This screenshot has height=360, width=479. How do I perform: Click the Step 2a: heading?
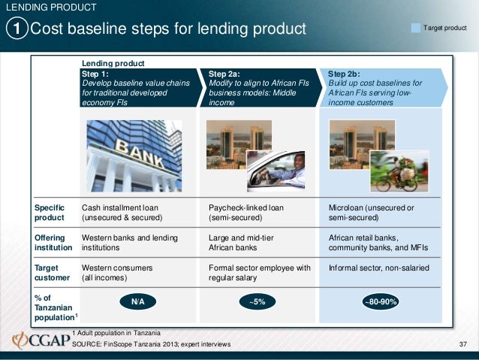[224, 74]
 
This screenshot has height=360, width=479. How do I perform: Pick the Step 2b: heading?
[345, 74]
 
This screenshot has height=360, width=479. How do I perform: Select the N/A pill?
[137, 301]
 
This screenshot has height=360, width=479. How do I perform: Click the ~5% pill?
[258, 301]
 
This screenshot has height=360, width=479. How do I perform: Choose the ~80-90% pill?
[381, 301]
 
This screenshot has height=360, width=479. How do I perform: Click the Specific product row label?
[50, 213]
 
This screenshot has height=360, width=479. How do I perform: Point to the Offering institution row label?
[53, 242]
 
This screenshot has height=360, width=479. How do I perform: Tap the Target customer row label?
[53, 272]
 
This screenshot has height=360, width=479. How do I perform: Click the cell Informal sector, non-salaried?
[379, 268]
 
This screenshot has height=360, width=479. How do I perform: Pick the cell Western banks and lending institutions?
[130, 242]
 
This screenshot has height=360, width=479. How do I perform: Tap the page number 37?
[462, 344]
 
